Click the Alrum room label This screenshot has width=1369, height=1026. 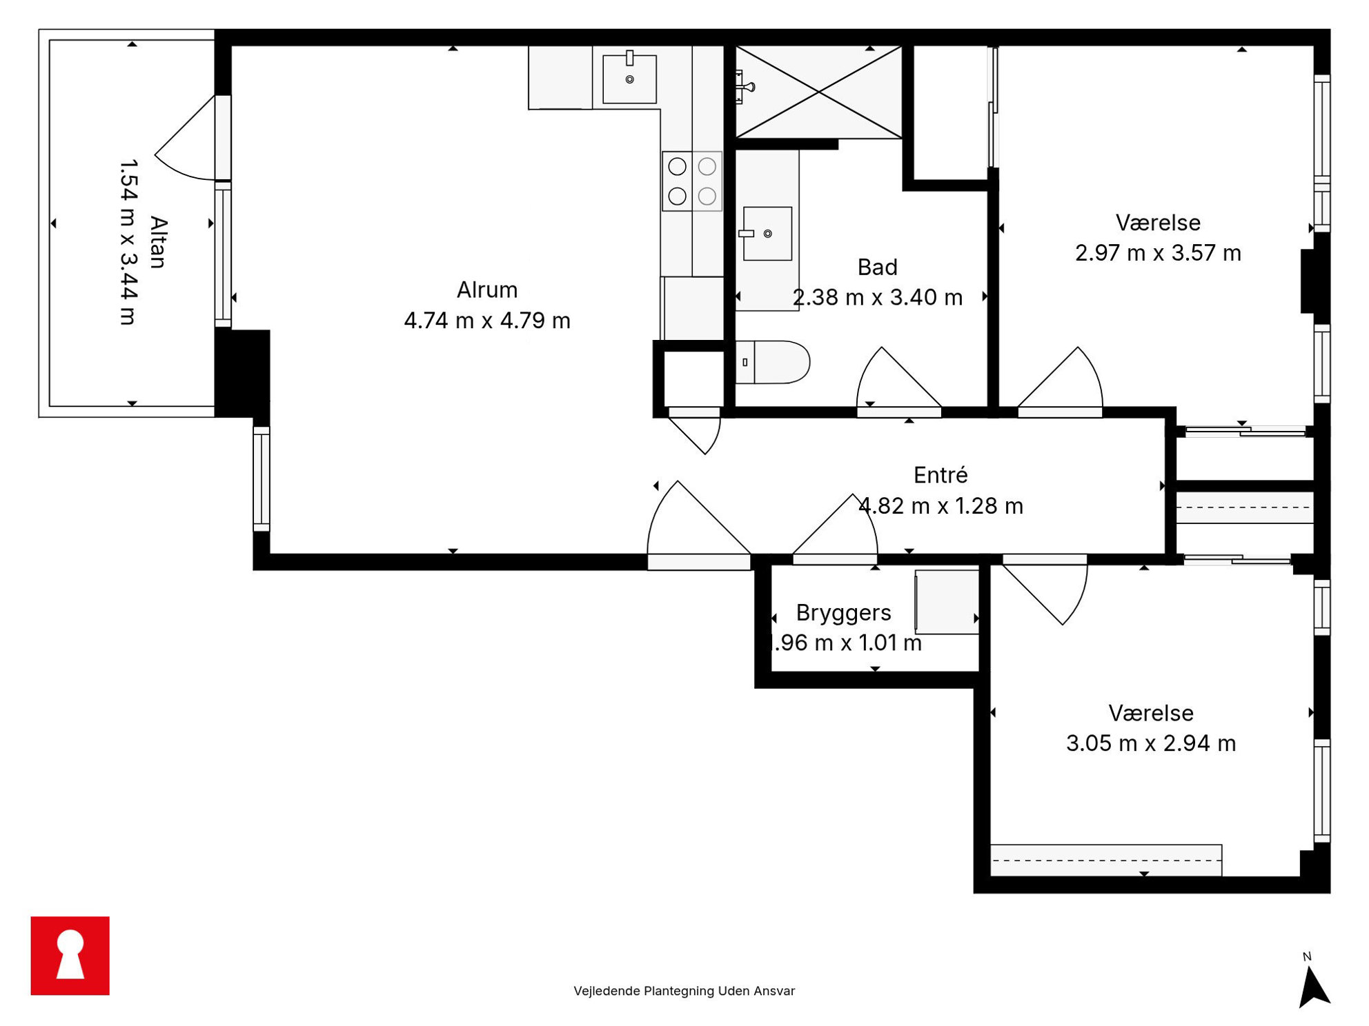click(x=487, y=290)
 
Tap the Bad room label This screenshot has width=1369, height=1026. click(x=877, y=267)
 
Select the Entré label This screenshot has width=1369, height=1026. click(x=940, y=474)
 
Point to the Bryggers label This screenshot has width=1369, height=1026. click(x=843, y=612)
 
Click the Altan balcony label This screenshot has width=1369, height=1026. click(x=159, y=242)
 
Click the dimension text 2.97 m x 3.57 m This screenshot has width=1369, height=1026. click(x=1158, y=253)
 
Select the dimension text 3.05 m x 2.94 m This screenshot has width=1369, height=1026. click(x=1150, y=743)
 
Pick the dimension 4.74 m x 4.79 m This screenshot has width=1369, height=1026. click(x=487, y=321)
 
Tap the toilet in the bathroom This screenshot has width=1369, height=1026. click(x=772, y=362)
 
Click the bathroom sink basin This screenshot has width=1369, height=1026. click(x=767, y=234)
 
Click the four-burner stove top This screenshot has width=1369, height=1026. click(x=692, y=181)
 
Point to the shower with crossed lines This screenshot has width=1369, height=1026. click(x=818, y=92)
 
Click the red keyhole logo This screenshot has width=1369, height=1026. click(x=70, y=955)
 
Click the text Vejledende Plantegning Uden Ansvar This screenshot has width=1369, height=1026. click(x=684, y=991)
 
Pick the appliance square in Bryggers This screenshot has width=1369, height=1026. click(x=947, y=602)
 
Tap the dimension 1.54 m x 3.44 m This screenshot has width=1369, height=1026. click(x=129, y=242)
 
